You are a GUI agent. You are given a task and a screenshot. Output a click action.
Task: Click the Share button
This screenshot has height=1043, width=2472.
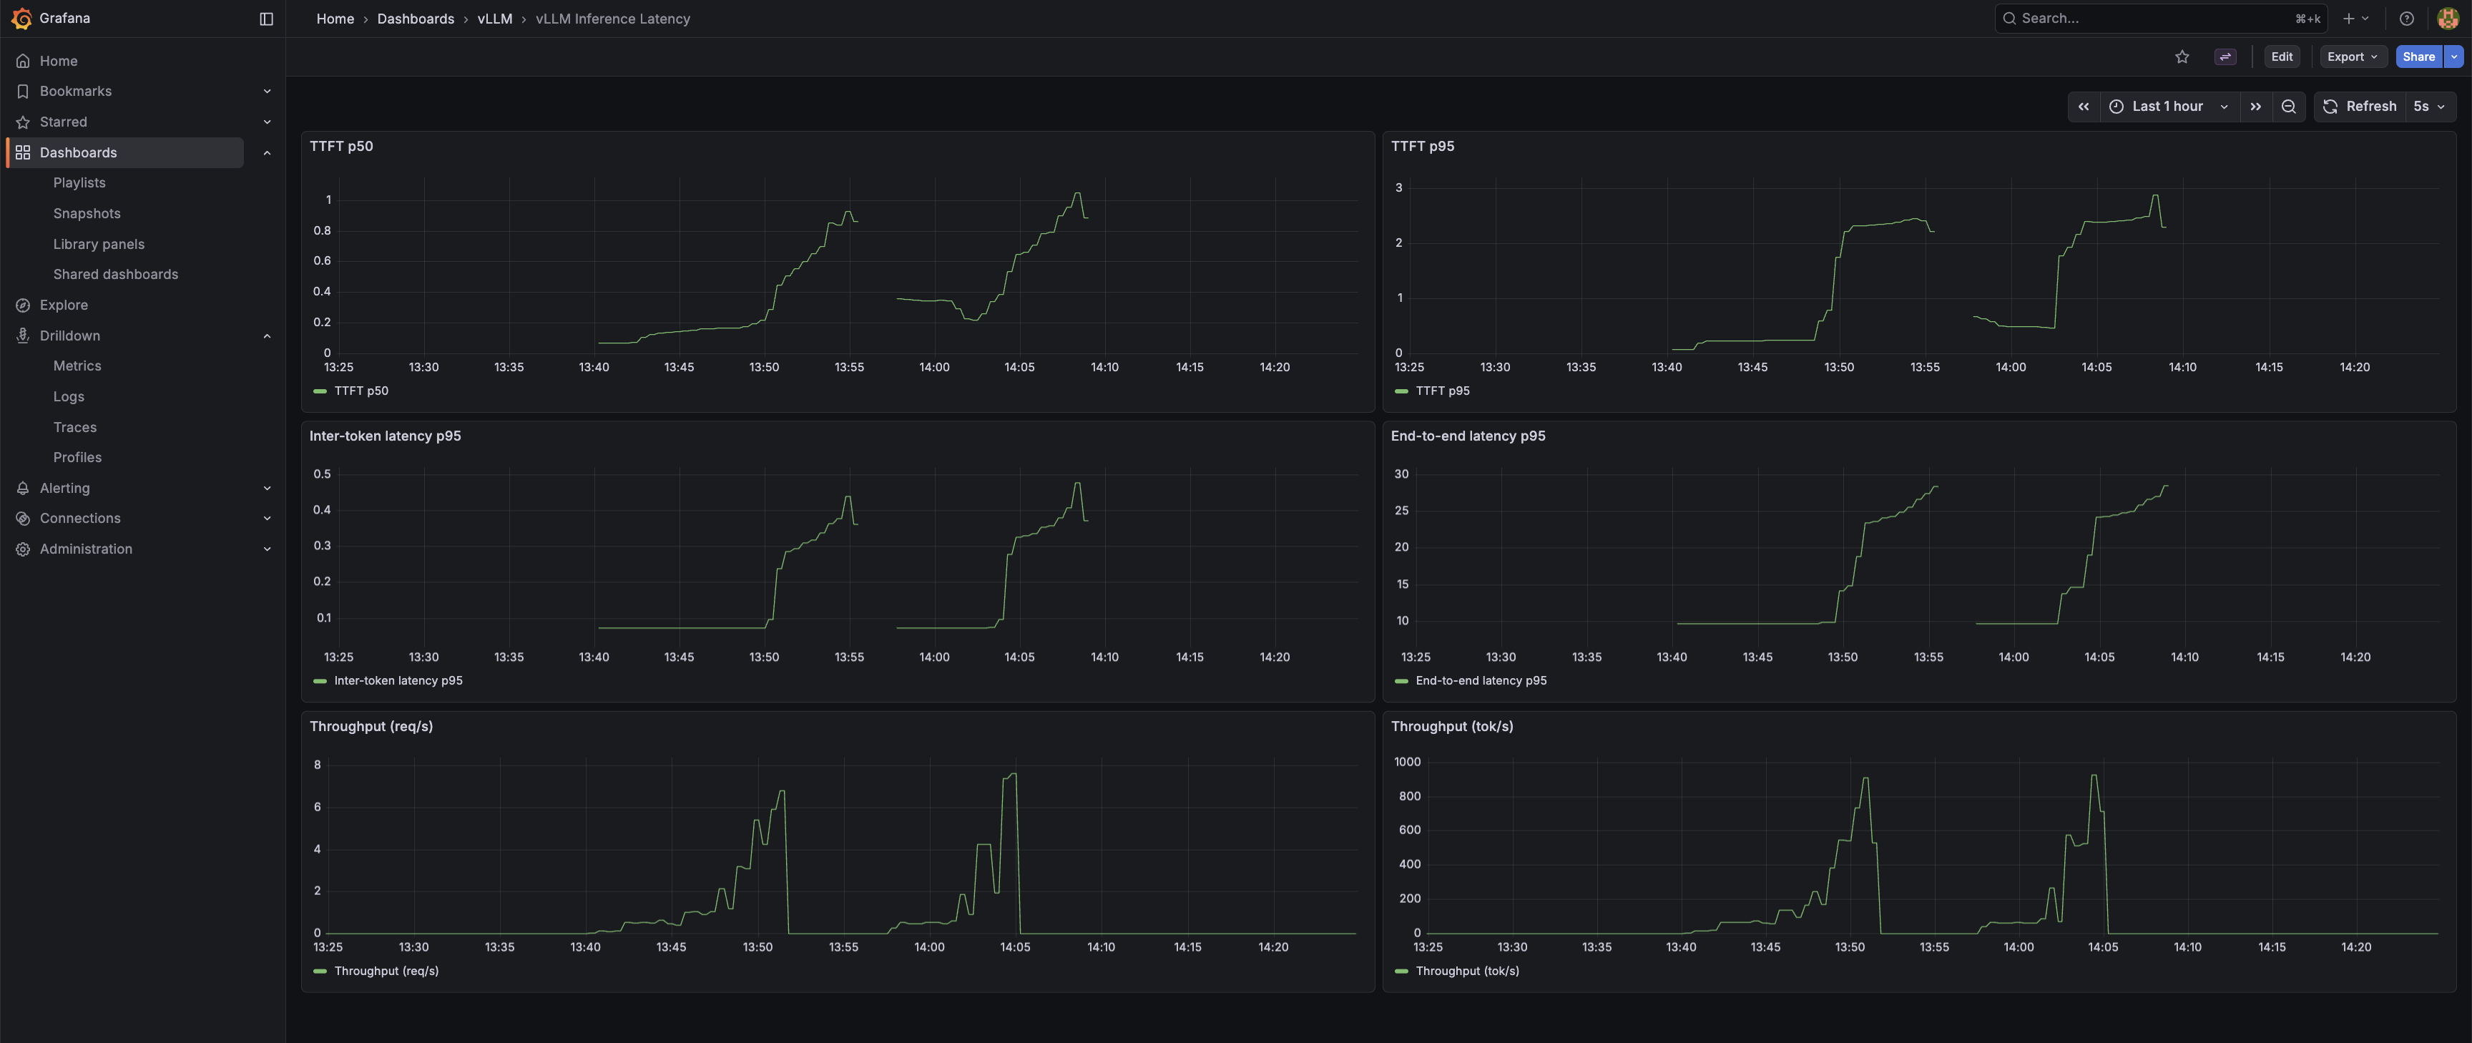pos(2418,57)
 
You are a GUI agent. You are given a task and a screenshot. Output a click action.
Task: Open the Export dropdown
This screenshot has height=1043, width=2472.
pos(2351,57)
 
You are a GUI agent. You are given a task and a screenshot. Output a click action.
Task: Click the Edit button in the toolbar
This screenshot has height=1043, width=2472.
pos(2281,57)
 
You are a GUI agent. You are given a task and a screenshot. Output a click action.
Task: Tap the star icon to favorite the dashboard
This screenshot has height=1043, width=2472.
pos(2181,57)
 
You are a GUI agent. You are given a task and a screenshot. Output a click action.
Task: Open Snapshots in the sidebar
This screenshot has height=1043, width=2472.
pos(87,213)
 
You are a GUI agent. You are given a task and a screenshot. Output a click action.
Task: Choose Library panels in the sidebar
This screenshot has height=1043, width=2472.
pos(99,244)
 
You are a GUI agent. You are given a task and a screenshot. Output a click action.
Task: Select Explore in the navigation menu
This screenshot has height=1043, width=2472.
pos(64,305)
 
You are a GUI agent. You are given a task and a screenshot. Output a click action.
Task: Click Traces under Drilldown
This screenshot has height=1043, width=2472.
pos(75,427)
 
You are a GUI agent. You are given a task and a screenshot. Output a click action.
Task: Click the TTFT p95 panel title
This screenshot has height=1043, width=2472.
pos(1422,146)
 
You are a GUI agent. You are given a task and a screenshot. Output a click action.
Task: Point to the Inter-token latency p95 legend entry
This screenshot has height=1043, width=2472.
pos(397,680)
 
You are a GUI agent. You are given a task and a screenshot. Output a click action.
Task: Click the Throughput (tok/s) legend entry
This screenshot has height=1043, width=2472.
pos(1466,971)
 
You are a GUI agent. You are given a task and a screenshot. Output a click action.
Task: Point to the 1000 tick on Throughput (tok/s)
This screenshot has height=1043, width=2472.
pos(1407,762)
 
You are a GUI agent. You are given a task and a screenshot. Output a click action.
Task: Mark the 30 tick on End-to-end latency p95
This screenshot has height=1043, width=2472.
pos(1401,474)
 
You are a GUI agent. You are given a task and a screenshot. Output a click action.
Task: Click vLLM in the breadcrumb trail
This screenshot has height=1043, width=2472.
pos(494,18)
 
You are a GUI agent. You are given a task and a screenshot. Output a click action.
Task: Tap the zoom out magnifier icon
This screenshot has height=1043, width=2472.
pos(2287,107)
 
